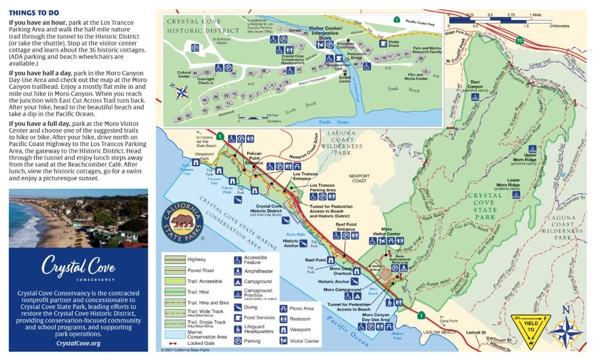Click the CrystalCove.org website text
79,343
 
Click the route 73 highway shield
520,40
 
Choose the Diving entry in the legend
251,307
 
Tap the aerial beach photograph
79,217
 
